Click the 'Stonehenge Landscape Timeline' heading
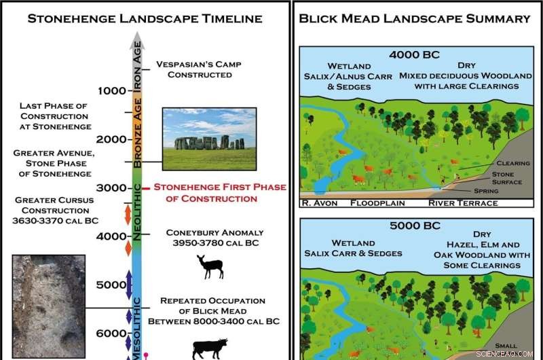point(145,19)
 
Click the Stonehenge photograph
point(210,139)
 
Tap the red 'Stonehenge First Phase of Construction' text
point(220,193)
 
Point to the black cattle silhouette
point(210,348)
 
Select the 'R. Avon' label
point(322,202)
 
